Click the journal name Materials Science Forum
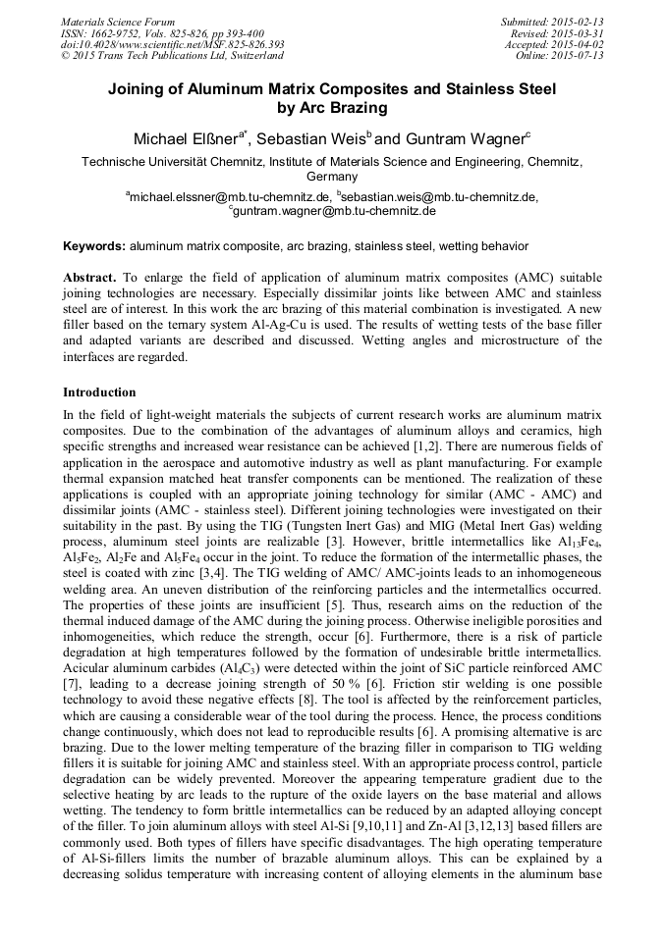[118, 22]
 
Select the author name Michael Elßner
[187, 138]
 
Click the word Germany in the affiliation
[332, 177]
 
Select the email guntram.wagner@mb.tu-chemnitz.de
[334, 210]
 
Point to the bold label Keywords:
[94, 245]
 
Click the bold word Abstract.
[89, 279]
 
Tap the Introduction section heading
[99, 392]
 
